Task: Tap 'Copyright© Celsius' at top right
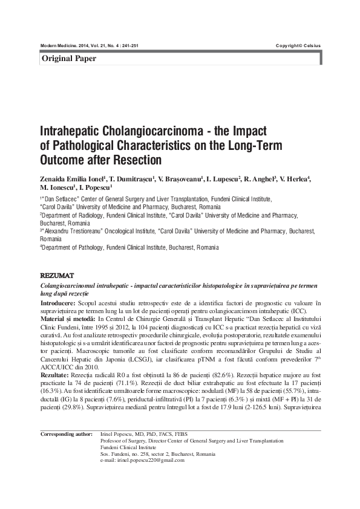(298, 45)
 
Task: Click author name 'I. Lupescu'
(222, 180)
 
